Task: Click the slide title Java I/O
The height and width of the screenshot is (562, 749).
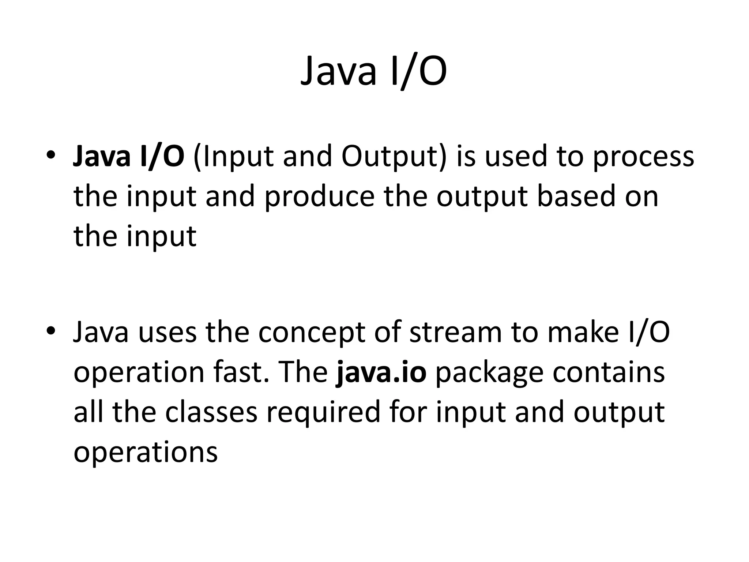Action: (x=373, y=71)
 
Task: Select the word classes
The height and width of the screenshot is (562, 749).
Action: (x=211, y=412)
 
